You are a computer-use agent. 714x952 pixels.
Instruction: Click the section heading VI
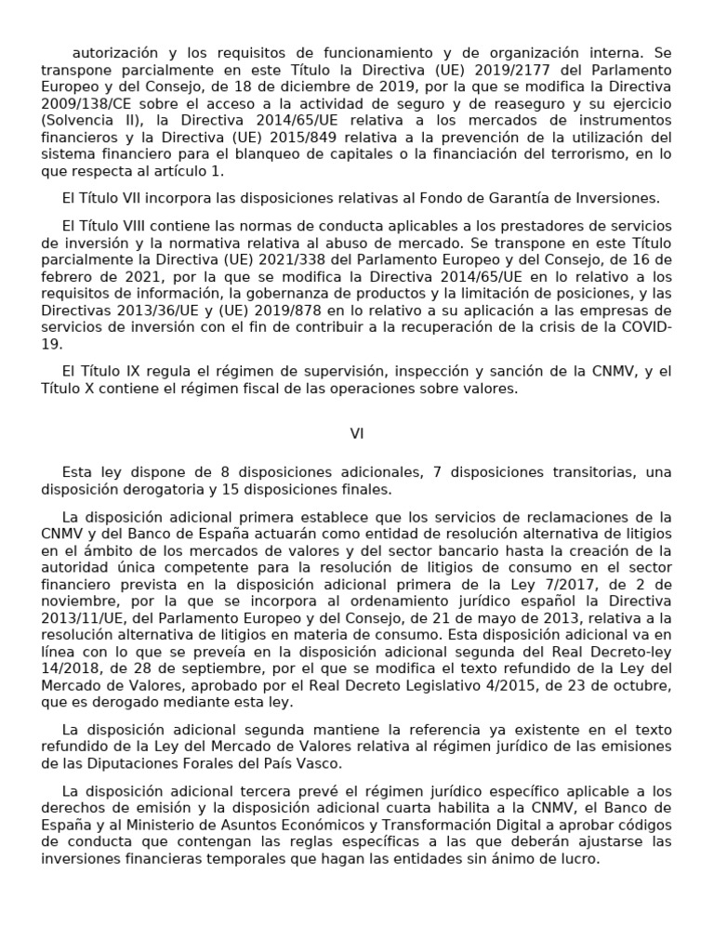pyautogui.click(x=357, y=433)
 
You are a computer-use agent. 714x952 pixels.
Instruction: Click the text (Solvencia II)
pyautogui.click(x=79, y=121)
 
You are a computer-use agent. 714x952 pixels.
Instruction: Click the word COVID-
pyautogui.click(x=645, y=327)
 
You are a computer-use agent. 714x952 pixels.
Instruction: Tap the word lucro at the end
pyautogui.click(x=579, y=860)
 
